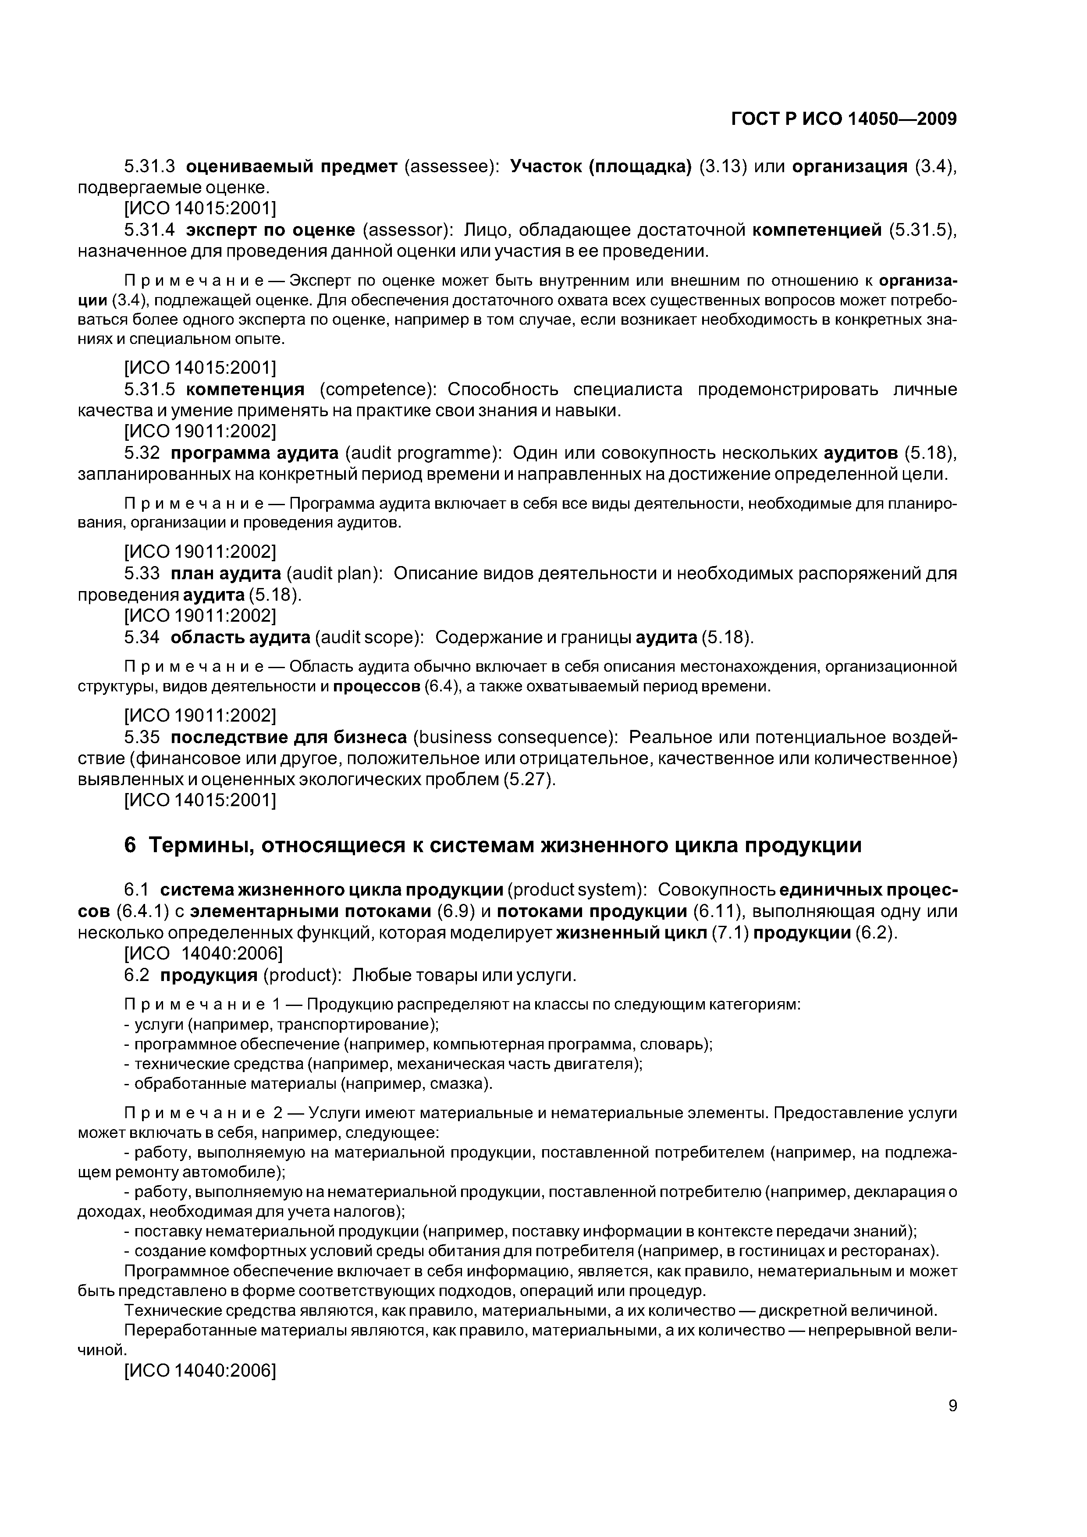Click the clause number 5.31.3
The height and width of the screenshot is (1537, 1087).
pyautogui.click(x=149, y=166)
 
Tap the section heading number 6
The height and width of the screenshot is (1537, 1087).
pyautogui.click(x=130, y=846)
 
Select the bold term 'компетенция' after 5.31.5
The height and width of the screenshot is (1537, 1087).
pyautogui.click(x=245, y=390)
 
